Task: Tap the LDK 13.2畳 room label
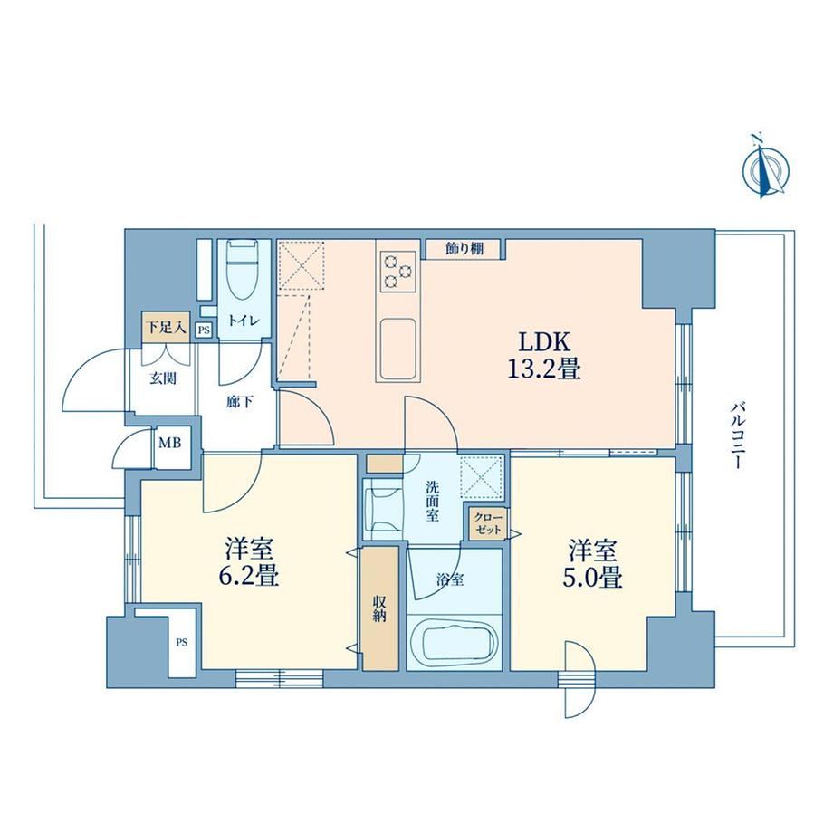(544, 356)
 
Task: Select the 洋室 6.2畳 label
(249, 562)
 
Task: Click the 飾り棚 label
(464, 249)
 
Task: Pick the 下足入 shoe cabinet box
(167, 327)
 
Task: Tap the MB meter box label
(170, 442)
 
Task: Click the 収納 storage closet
(380, 608)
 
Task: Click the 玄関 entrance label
(163, 378)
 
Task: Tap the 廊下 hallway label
(240, 402)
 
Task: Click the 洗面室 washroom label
(433, 501)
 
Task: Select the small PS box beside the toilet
(204, 330)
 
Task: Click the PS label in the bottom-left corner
(182, 642)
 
